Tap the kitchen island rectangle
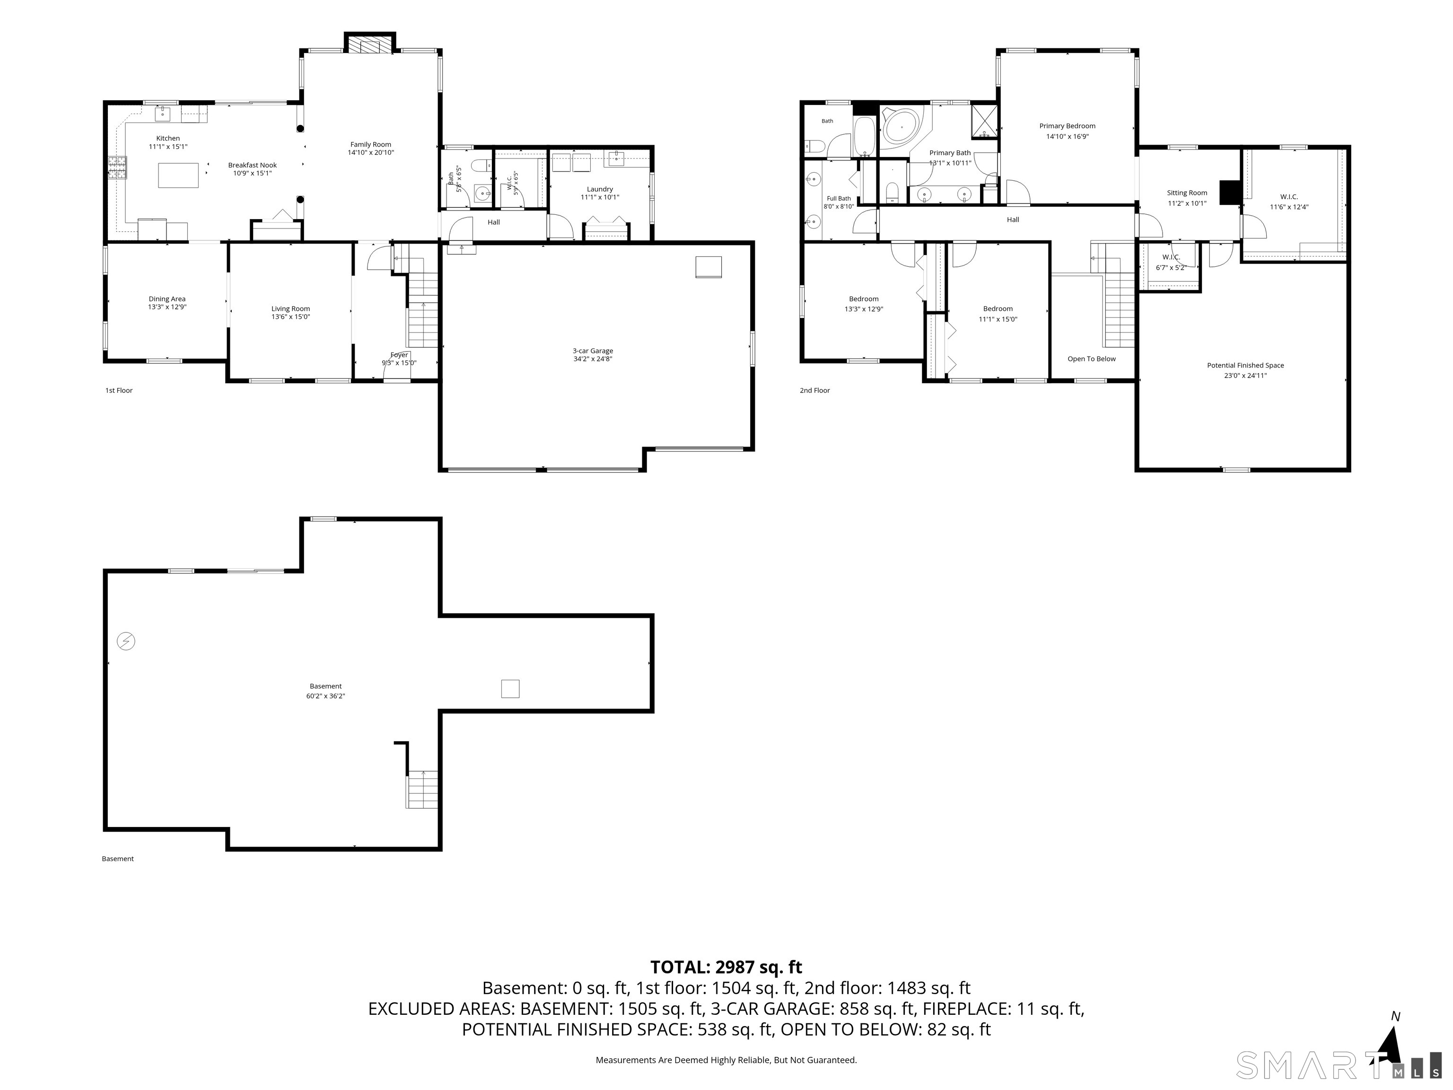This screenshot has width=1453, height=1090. click(x=178, y=176)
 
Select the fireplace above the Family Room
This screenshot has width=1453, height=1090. click(x=370, y=44)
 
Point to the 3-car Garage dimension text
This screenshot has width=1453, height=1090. click(x=593, y=360)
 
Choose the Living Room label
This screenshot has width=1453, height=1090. click(x=290, y=309)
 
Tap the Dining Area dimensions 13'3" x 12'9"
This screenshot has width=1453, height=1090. click(x=167, y=307)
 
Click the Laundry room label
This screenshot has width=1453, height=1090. click(x=600, y=189)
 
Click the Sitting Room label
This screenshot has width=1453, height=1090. click(x=1187, y=193)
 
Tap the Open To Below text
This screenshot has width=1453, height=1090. click(x=1092, y=359)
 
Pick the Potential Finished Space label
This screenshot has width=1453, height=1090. click(x=1245, y=365)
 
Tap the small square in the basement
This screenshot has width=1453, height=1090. click(x=510, y=688)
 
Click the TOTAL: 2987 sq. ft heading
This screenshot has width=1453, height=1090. click(x=726, y=967)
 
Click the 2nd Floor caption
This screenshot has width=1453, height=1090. click(x=814, y=390)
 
